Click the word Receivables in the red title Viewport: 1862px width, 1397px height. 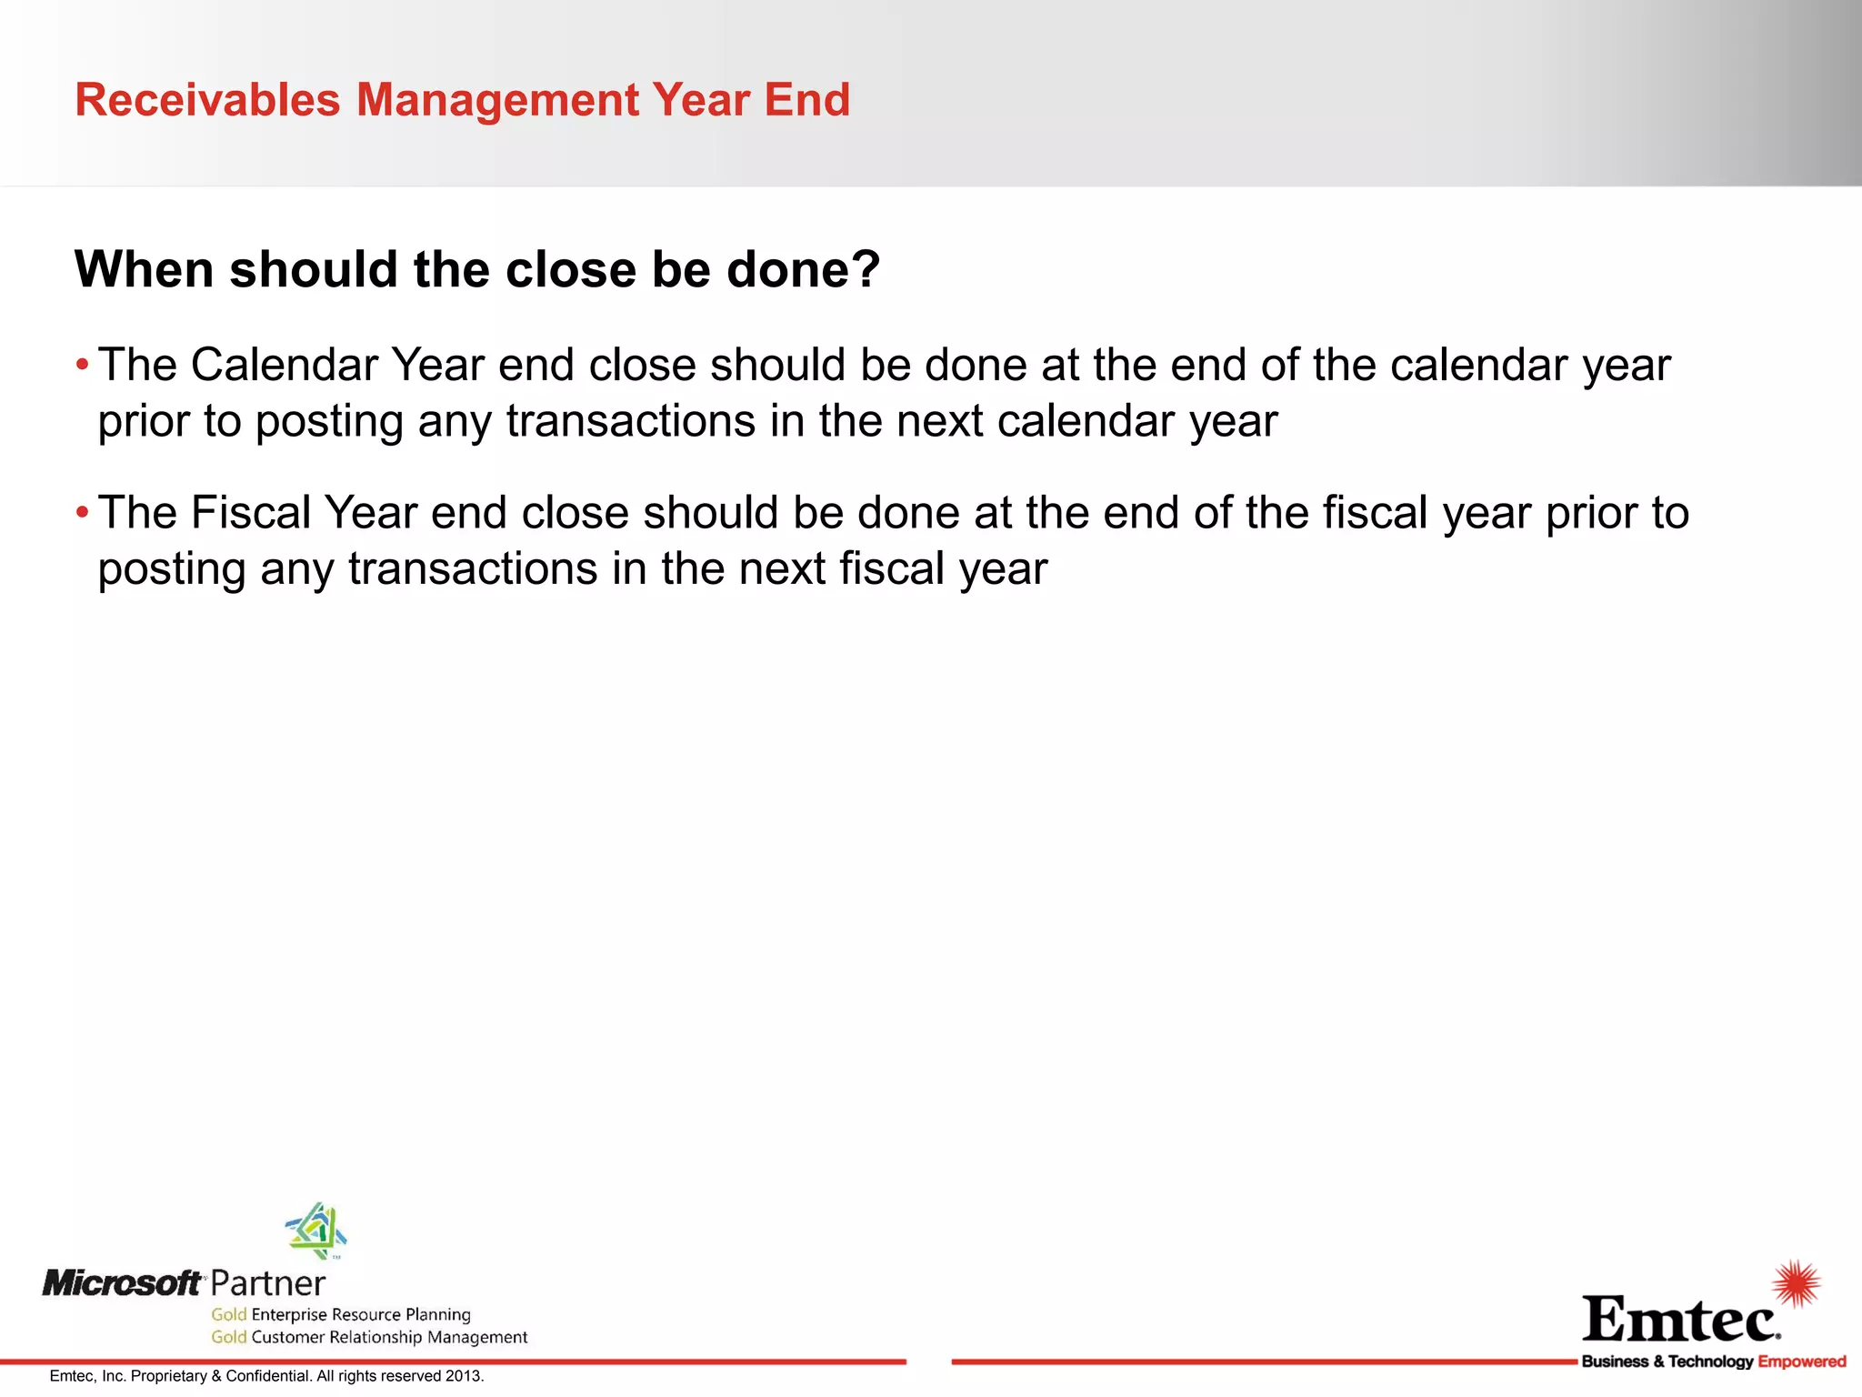pos(207,100)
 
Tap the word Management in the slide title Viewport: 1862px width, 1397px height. pos(497,100)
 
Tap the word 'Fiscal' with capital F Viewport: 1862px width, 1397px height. pos(250,513)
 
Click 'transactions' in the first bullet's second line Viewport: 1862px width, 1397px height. pos(631,422)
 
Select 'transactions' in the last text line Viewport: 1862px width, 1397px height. pos(473,569)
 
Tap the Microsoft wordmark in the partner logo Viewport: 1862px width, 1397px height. pos(122,1283)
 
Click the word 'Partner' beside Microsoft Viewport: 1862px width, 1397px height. pos(267,1283)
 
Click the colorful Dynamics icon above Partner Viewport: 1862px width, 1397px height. pos(315,1230)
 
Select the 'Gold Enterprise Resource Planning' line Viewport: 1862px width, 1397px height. pos(341,1314)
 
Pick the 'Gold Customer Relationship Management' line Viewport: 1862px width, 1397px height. pos(369,1337)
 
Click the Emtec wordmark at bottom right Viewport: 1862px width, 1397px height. pos(1680,1320)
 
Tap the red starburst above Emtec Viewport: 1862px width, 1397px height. pos(1797,1283)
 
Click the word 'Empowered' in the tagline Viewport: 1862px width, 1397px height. pos(1801,1362)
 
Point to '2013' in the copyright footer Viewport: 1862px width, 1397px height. pos(463,1376)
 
